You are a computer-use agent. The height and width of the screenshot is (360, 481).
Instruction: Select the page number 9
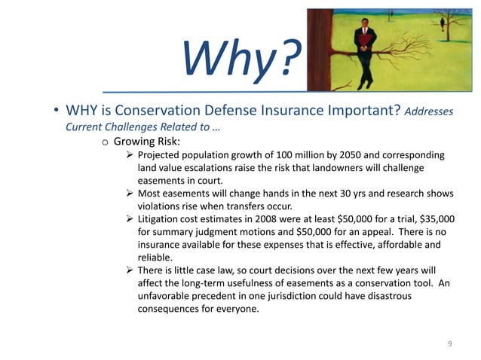[449, 343]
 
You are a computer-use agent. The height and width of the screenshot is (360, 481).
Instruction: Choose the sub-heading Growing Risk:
[149, 141]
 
